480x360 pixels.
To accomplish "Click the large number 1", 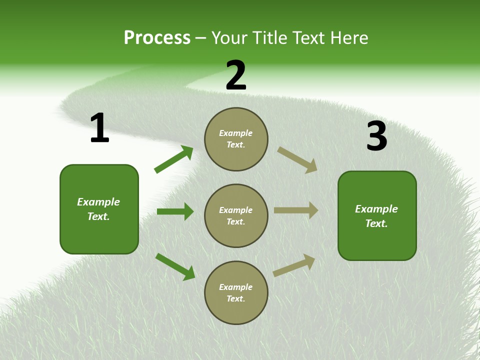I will coord(99,128).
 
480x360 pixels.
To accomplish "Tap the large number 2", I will coord(236,75).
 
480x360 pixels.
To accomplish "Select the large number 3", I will coord(376,136).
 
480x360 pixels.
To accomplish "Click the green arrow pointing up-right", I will coord(174,159).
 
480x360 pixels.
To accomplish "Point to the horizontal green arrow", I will coord(175,211).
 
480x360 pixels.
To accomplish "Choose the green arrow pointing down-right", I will coord(175,266).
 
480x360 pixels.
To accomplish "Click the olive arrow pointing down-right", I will coord(297,160).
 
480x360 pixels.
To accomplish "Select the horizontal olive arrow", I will coord(296,210).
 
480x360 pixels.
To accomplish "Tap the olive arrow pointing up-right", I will coord(294,265).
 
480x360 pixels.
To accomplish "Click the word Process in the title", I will coord(157,38).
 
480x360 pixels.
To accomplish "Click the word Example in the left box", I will coord(98,202).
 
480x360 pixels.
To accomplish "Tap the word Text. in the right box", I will coord(376,223).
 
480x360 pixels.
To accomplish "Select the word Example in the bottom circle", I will coord(235,287).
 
